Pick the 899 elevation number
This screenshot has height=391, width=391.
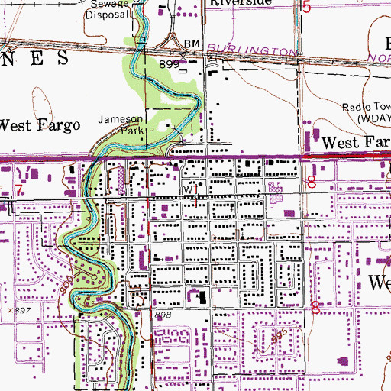pyautogui.click(x=169, y=66)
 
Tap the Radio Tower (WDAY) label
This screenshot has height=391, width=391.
pyautogui.click(x=365, y=114)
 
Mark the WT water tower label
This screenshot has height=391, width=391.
pyautogui.click(x=189, y=189)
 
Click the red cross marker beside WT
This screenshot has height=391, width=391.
pyautogui.click(x=200, y=200)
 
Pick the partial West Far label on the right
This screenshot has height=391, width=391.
pyautogui.click(x=354, y=142)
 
